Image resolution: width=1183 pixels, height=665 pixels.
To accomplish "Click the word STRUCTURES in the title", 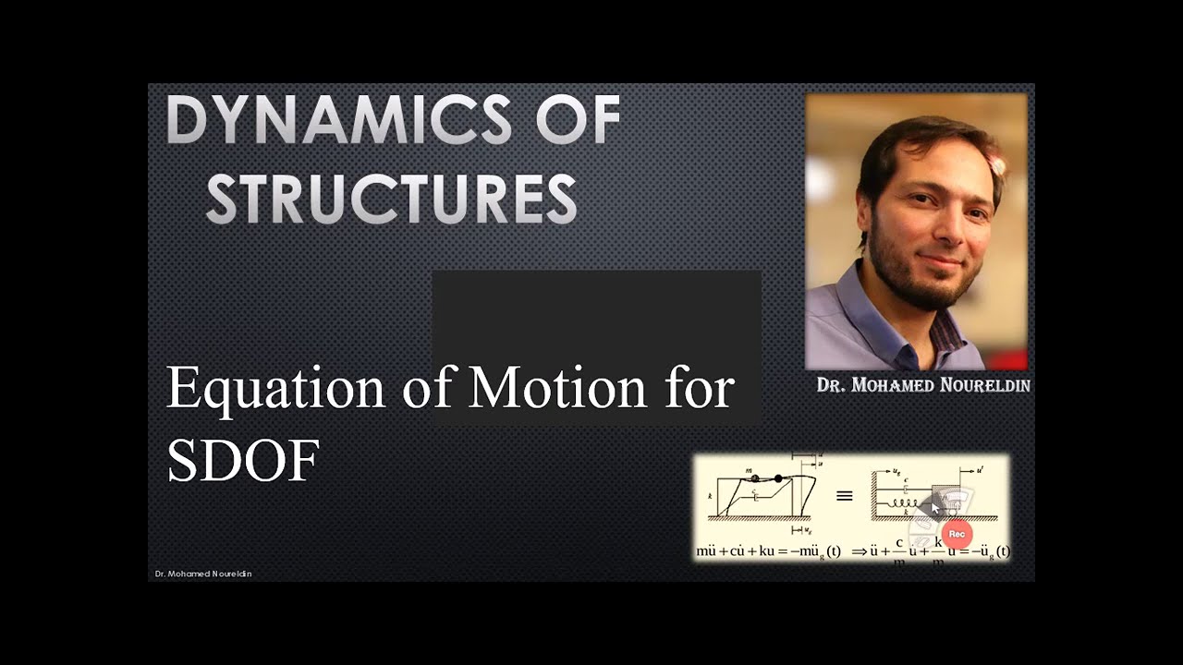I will tap(391, 199).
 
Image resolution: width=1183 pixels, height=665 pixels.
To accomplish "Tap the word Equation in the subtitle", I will tap(274, 389).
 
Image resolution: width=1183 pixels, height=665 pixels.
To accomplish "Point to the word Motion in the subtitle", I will tap(557, 389).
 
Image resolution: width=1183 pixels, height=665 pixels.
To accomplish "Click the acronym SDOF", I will tap(243, 460).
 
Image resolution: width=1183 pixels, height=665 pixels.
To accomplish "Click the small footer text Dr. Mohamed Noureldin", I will tap(203, 574).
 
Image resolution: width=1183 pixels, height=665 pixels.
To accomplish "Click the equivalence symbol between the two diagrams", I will tap(844, 496).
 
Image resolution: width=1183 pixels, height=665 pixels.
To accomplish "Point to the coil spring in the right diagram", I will tap(903, 503).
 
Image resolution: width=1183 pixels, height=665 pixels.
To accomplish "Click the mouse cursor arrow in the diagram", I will tap(934, 507).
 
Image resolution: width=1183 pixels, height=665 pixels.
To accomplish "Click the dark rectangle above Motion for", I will tap(596, 314).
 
